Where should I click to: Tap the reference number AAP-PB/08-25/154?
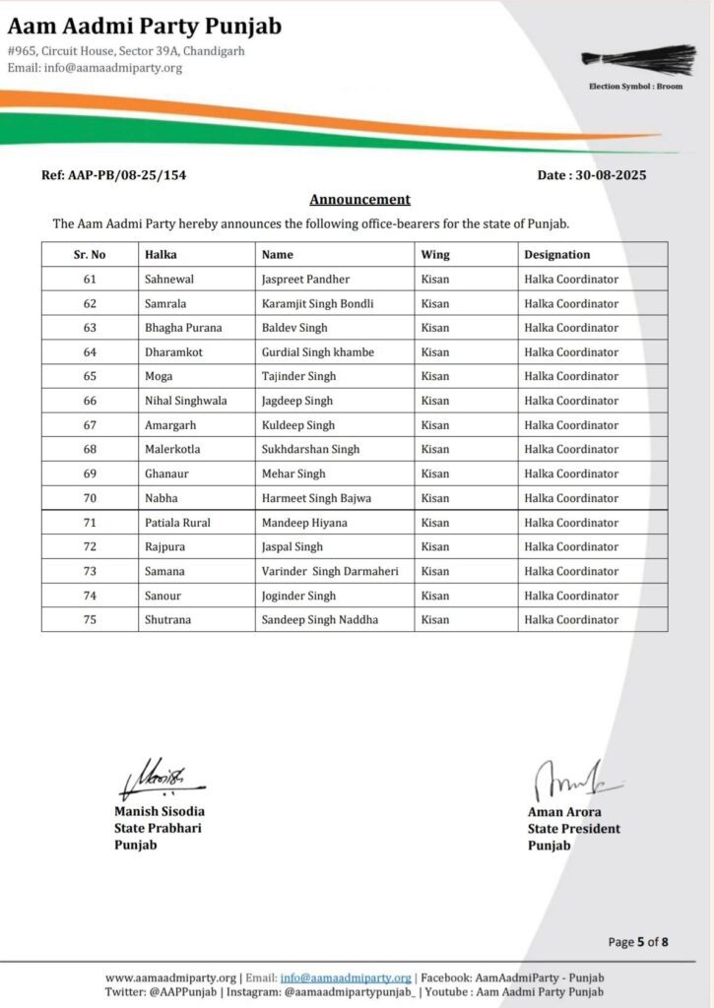(113, 175)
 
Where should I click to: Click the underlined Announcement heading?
(359, 200)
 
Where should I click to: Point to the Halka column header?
(161, 255)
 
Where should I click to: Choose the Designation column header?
(557, 255)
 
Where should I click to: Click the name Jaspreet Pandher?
(305, 280)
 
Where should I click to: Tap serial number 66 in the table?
(90, 401)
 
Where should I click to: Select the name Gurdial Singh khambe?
(318, 352)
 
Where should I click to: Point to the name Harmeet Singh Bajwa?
(316, 498)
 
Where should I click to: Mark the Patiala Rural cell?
(177, 523)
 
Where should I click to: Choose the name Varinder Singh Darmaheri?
(330, 571)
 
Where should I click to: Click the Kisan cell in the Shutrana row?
(435, 620)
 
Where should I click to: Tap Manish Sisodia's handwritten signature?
(158, 780)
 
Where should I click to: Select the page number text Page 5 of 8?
(638, 942)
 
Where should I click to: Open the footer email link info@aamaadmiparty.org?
(346, 977)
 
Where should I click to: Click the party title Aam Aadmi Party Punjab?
(145, 26)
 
